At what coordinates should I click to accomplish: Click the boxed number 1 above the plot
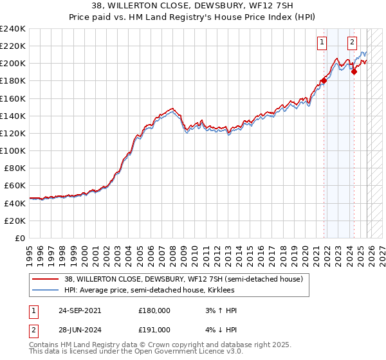(x=322, y=43)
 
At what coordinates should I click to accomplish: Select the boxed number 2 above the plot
(x=353, y=43)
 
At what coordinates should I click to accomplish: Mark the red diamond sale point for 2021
(x=324, y=81)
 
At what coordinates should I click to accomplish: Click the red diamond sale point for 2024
(x=354, y=71)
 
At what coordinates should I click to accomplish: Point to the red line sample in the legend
(x=46, y=279)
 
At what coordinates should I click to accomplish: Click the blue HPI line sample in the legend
(x=46, y=290)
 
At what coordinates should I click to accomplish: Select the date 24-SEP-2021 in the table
(x=80, y=310)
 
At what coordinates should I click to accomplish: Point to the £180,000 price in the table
(x=154, y=310)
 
